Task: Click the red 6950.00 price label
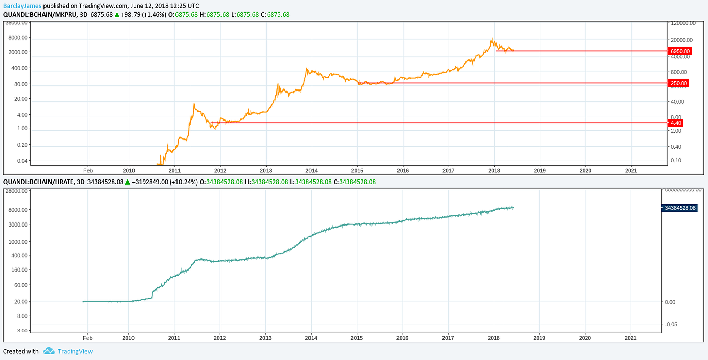pos(679,51)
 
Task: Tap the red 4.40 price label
pos(676,123)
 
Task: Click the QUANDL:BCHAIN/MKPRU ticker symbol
pos(39,14)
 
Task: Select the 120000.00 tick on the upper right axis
pos(686,23)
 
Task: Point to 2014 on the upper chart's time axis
pos(312,170)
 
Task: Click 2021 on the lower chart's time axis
pos(631,337)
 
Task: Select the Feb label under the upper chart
pos(87,170)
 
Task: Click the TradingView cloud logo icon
pos(49,351)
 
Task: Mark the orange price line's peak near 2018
pos(492,39)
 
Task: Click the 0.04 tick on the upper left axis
pos(22,160)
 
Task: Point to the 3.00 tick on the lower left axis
pos(23,330)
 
